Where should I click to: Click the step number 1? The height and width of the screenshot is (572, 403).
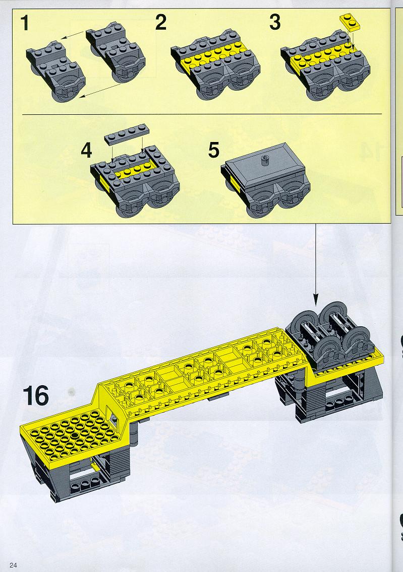point(25,23)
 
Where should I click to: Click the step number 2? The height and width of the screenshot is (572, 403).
point(161,23)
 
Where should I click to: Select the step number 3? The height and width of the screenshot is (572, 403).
point(275,23)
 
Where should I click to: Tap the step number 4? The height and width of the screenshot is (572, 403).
point(86,150)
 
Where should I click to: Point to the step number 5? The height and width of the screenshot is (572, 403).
point(214,150)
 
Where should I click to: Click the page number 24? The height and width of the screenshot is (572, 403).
point(14,565)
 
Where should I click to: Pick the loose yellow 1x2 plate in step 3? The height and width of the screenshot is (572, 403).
point(350,22)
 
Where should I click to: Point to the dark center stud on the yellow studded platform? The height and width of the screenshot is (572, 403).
point(75,436)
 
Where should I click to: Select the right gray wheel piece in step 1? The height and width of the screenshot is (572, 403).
point(116,54)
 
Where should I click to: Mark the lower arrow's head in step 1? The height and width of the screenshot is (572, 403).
point(83,96)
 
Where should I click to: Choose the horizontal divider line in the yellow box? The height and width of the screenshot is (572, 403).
point(202,114)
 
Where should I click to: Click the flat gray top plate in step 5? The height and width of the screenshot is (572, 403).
point(264,164)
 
